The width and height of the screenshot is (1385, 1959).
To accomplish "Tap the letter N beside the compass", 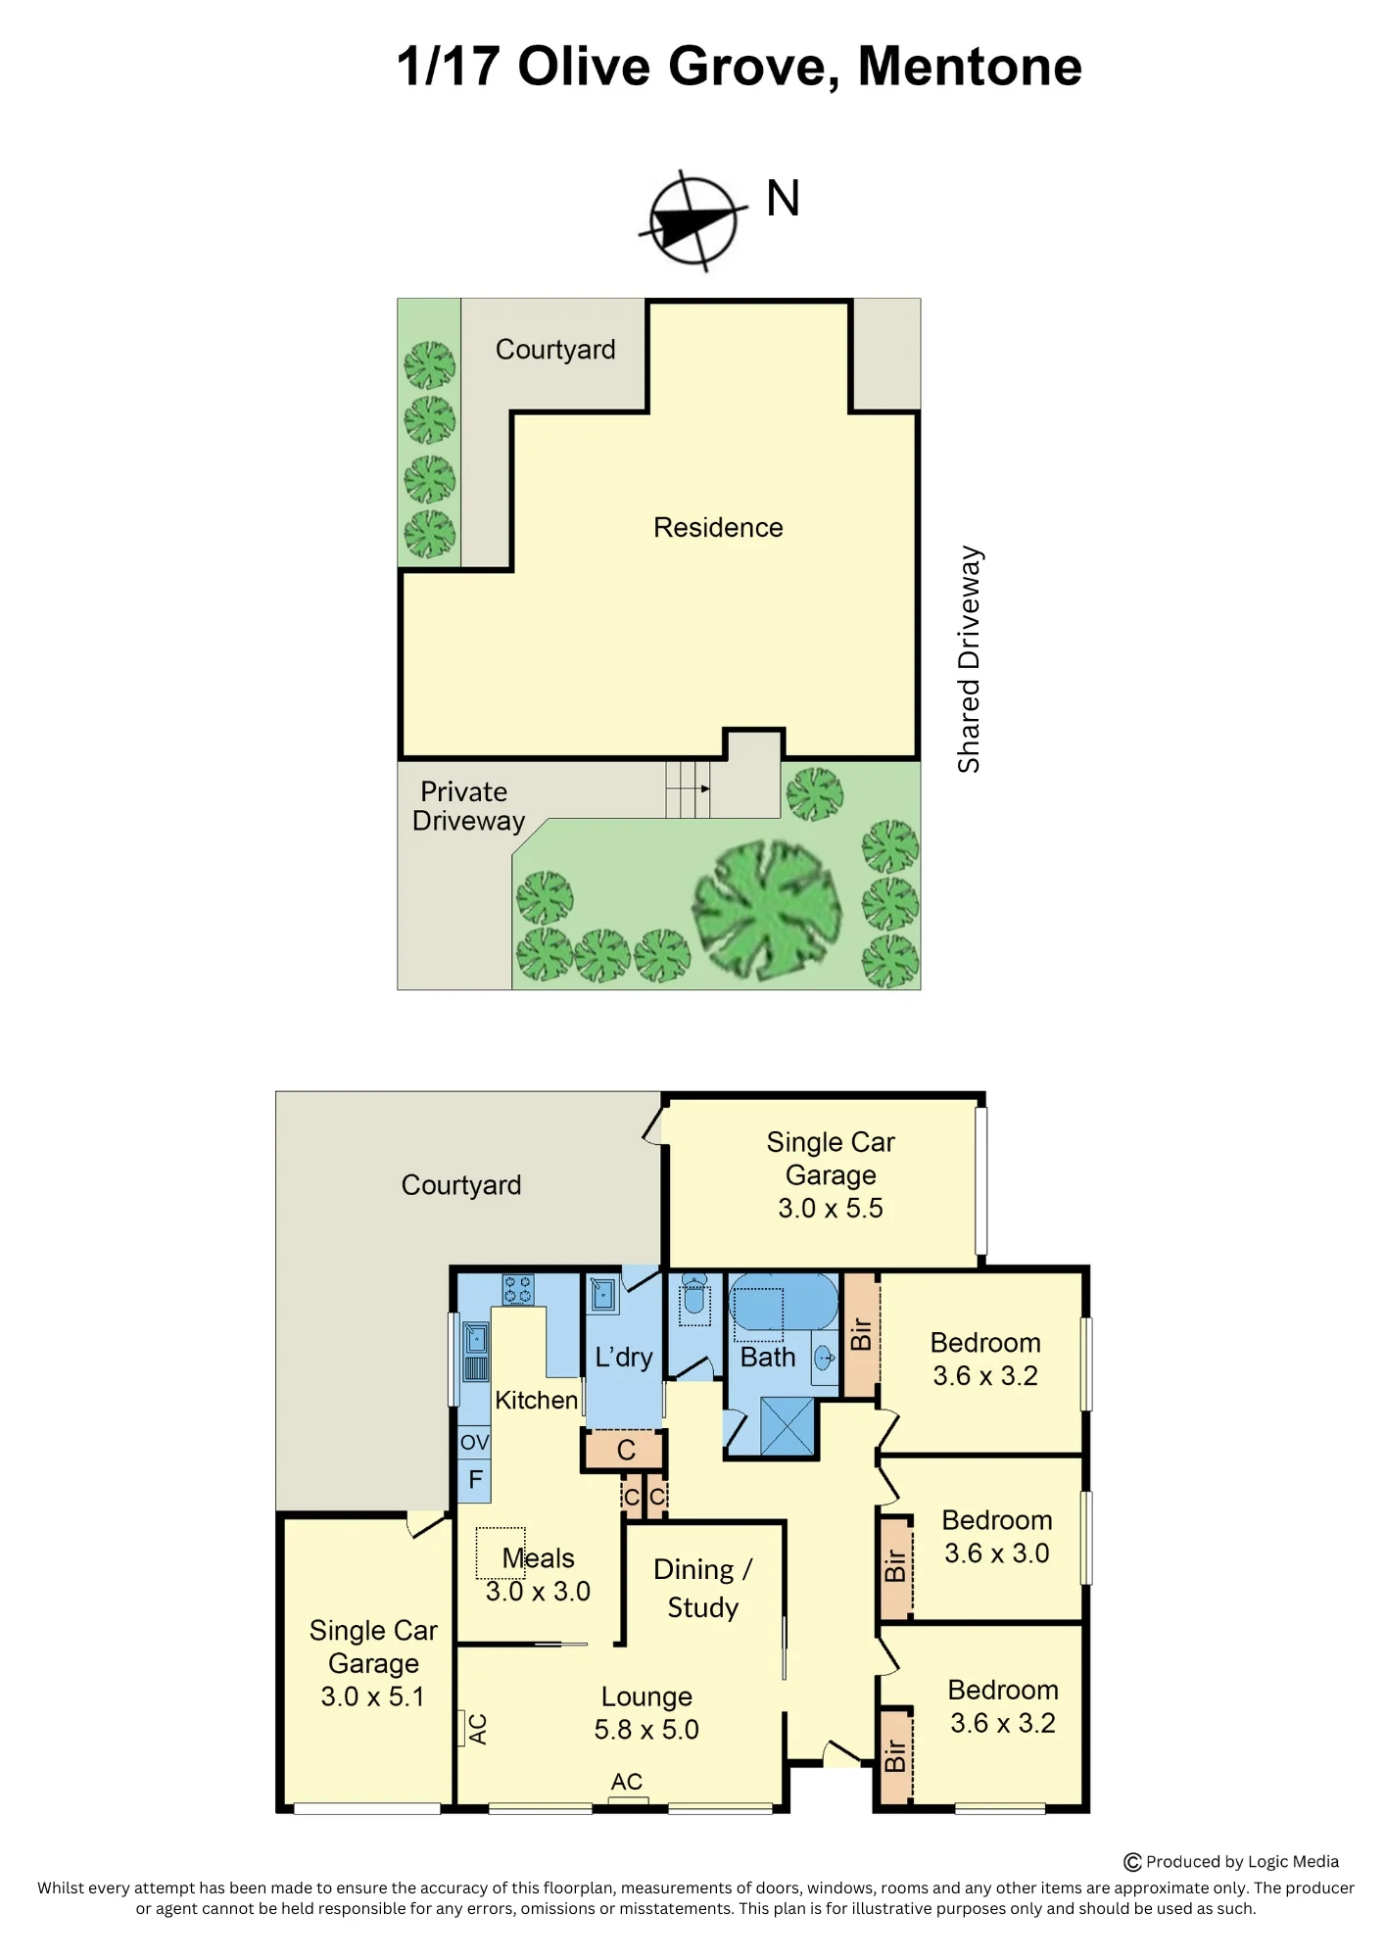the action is [x=783, y=198].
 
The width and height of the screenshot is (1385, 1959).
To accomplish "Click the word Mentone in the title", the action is [x=970, y=67].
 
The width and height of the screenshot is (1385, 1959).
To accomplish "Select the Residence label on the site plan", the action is [x=718, y=528].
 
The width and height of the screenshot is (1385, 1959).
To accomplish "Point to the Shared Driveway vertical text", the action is [x=969, y=659].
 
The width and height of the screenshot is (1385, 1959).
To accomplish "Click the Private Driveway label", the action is [x=468, y=806].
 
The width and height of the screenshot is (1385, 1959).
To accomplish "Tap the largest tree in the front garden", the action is [x=767, y=908].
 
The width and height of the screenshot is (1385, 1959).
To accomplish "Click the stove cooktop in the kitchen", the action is [x=518, y=1290].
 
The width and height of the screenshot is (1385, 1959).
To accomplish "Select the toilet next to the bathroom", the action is [x=694, y=1298].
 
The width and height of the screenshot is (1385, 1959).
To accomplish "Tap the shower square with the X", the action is [x=788, y=1426].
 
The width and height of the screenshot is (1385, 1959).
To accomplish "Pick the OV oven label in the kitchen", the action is [x=474, y=1442].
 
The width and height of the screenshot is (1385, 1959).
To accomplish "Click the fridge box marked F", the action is [x=475, y=1479].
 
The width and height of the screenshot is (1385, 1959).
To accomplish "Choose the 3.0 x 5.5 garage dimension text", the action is [x=831, y=1209].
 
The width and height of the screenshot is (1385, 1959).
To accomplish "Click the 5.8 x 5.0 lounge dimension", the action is [x=646, y=1730].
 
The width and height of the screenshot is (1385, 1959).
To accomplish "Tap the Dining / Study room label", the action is [x=702, y=1588].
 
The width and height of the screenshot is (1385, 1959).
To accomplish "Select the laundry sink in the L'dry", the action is [x=602, y=1296].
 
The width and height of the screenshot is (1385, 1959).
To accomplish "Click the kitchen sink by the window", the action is [x=475, y=1352].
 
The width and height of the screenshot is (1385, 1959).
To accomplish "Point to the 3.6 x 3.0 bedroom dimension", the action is [x=997, y=1553].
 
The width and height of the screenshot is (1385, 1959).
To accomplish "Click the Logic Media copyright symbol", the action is [x=1132, y=1862].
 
